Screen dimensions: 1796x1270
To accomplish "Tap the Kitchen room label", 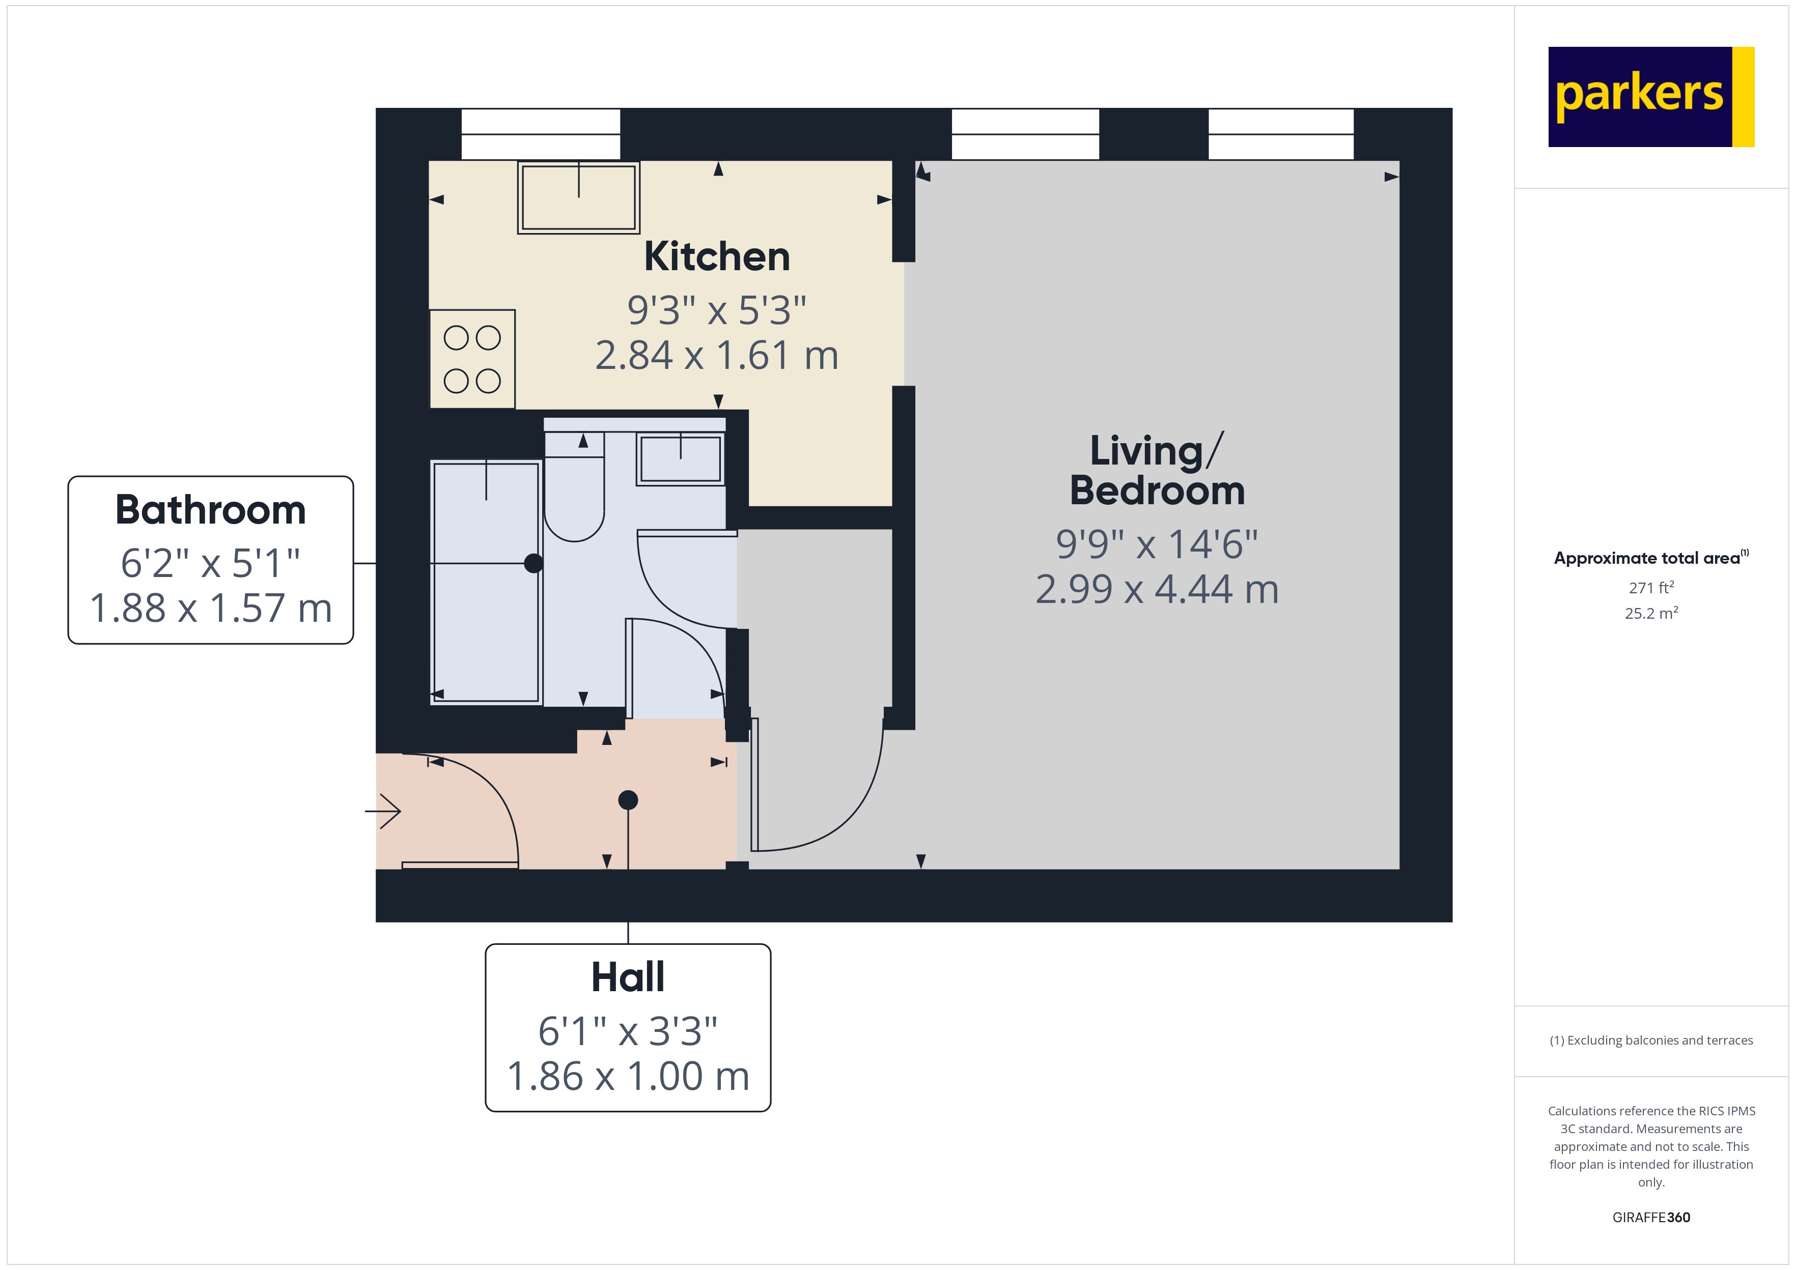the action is point(717,256).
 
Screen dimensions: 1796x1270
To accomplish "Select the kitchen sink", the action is point(578,197).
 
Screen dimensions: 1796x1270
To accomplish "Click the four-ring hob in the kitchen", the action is point(472,359).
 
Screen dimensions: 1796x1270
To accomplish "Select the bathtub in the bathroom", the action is point(486,582).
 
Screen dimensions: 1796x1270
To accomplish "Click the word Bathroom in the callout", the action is point(210,510).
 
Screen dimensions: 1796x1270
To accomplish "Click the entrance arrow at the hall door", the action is point(383,811).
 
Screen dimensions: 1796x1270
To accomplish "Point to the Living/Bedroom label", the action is point(1157,471).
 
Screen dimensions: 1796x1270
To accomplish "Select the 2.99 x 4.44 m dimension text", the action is point(1157,589).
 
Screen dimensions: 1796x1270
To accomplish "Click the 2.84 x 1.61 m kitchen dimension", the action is point(717,355).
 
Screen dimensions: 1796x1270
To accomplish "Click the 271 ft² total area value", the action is point(1651,587).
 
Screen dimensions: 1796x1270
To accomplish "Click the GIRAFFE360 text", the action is point(1651,1217).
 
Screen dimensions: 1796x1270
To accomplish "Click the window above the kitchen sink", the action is point(541,134).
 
